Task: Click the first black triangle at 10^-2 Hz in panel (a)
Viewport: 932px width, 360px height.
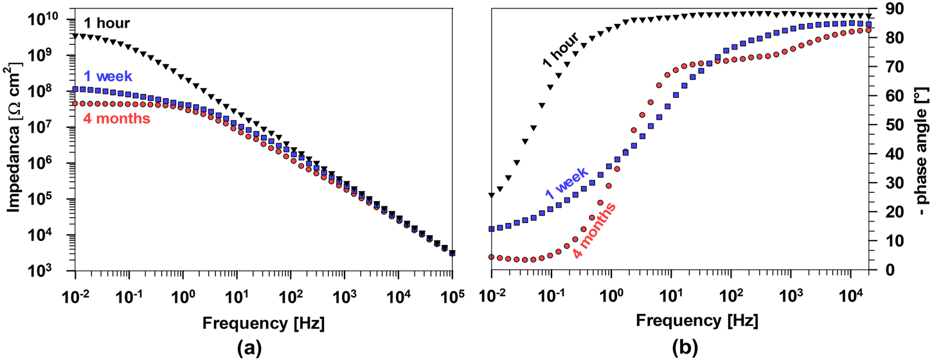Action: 75,36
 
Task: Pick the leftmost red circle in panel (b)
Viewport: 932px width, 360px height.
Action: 492,256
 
